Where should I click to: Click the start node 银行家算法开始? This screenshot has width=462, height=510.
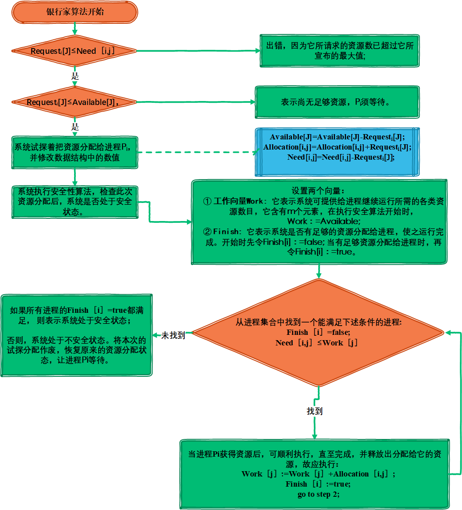[75, 12]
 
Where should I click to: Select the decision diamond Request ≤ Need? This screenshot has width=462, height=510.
[74, 51]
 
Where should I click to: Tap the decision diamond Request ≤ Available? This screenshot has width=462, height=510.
[74, 102]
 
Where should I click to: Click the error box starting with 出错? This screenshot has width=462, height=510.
[339, 51]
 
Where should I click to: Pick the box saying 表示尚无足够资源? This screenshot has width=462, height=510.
[337, 102]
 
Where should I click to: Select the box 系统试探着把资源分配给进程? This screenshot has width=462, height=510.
[75, 152]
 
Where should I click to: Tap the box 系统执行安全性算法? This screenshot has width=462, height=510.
[75, 202]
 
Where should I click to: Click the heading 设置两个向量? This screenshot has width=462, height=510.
[318, 191]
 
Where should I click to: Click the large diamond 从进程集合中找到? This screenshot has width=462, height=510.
[318, 332]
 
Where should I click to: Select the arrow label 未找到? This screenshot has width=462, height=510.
[173, 335]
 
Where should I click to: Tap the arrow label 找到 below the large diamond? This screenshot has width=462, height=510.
[315, 411]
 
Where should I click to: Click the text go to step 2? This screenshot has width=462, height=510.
[318, 494]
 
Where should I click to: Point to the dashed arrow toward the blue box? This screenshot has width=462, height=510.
[196, 152]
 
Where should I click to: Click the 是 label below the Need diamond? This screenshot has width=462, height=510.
[75, 76]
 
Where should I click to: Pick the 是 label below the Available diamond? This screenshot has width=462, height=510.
[75, 127]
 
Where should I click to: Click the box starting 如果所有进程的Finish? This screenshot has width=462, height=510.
[77, 335]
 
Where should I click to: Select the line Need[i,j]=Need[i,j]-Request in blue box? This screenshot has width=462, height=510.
[340, 157]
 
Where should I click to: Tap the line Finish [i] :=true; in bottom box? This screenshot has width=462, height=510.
[318, 484]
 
